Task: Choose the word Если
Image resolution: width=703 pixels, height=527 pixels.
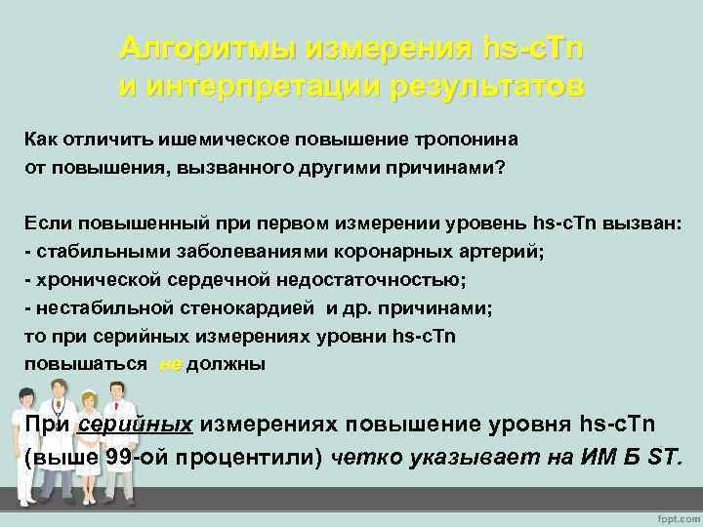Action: click(48, 223)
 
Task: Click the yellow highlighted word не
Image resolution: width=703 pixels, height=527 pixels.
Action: click(169, 364)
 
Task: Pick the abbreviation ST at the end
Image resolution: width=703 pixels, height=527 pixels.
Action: click(664, 458)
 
